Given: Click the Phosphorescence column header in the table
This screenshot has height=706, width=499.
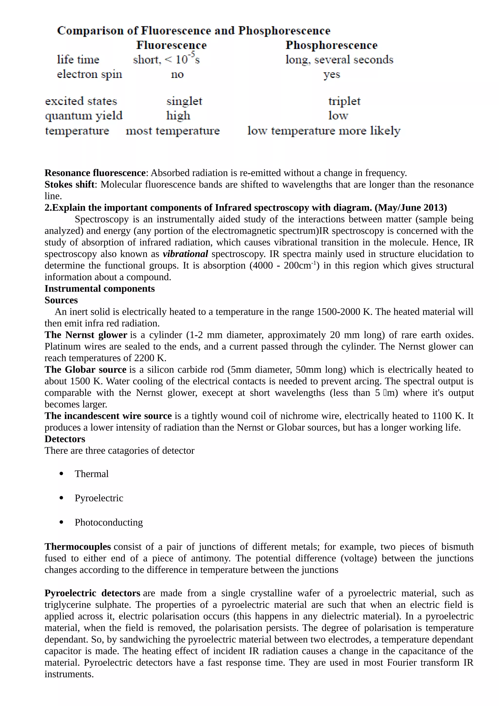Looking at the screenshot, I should coord(331,45).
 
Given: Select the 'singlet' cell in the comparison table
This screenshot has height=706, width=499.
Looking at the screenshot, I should coord(184,101).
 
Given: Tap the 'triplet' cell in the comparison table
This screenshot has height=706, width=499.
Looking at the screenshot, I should coord(344,101).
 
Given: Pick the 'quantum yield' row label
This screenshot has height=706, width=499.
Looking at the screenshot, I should coord(84,116).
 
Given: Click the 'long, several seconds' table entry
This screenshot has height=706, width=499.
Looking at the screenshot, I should coord(339,60).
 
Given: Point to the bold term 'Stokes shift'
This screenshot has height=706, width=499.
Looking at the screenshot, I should coord(69,184).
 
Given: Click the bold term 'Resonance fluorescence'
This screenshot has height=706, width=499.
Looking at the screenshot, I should coord(95,173).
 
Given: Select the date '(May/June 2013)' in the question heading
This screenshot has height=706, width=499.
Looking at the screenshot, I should coord(411,208).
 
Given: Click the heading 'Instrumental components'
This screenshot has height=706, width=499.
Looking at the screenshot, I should coord(100,289).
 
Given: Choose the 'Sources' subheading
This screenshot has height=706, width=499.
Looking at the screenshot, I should coord(61,300).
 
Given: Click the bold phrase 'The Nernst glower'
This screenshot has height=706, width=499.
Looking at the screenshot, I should coord(86,335).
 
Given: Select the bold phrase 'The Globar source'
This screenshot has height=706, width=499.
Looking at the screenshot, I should coord(86,370).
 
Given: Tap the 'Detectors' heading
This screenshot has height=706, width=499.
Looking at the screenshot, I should coord(65,439).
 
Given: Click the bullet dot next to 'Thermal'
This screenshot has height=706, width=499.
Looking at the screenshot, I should coord(61,474).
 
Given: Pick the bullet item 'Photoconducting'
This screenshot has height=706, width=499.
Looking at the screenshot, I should coord(108,522).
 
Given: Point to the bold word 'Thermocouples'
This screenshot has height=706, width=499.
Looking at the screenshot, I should coord(77,547).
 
